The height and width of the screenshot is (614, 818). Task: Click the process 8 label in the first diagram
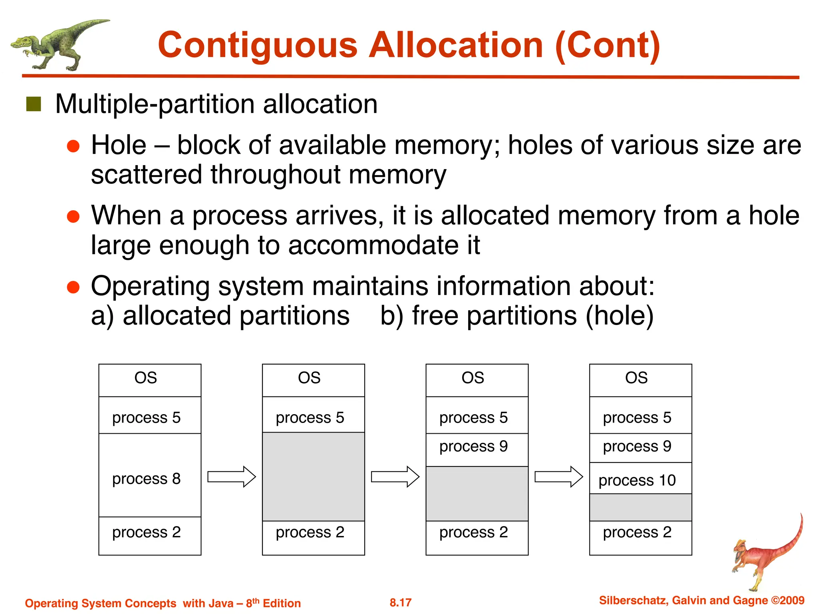coord(146,478)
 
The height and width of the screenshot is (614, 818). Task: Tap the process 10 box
coord(640,479)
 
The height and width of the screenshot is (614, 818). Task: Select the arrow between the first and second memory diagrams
coord(231,476)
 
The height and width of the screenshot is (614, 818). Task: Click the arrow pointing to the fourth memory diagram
coord(558,476)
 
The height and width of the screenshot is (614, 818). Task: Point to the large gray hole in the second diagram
coord(313,476)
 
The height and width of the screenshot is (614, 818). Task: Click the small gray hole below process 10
coord(640,507)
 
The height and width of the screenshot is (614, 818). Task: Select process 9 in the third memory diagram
coord(473,447)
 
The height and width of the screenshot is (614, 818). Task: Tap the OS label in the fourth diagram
coord(636,378)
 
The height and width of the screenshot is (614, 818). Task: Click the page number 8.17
coord(400,602)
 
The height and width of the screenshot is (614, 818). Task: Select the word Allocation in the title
coord(455,45)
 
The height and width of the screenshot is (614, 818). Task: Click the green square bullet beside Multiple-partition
coord(34,104)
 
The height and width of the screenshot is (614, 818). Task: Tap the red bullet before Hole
coord(73,146)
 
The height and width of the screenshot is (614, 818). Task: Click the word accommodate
coord(373,245)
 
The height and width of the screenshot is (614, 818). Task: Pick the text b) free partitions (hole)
coord(516,315)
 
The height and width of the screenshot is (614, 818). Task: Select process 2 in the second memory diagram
coord(310,532)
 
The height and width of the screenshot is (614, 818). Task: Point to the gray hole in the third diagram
coord(477,493)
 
